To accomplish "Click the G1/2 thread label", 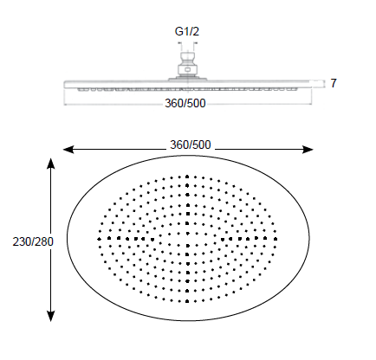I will point(188,32).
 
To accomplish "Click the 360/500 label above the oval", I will point(190,143).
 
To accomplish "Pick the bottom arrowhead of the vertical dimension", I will point(52,316).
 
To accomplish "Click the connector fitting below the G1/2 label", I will point(187,64).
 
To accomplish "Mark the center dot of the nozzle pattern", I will point(187,235).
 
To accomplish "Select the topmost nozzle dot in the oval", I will point(187,177).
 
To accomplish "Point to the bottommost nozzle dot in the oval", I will point(187,295).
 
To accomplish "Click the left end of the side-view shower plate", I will point(65,84).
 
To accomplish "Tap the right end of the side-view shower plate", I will point(309,84).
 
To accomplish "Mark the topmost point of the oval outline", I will point(188,157).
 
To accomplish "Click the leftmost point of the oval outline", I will point(68,236).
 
